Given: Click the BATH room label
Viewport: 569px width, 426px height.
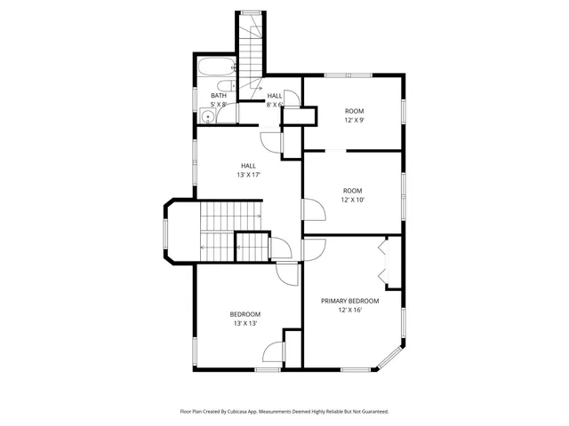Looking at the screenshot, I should (219, 96).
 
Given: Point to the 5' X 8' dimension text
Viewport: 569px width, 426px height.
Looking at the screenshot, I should (219, 105).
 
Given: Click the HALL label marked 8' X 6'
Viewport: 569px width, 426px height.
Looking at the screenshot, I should (275, 96).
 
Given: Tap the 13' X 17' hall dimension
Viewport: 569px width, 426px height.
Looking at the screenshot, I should (249, 175).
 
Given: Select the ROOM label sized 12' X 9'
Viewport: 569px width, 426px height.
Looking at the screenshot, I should (354, 111).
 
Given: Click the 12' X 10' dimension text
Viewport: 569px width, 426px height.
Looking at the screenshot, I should (354, 200).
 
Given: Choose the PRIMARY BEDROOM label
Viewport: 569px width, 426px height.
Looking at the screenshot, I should (349, 301).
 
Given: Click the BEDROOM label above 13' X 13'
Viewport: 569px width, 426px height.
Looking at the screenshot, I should (245, 314).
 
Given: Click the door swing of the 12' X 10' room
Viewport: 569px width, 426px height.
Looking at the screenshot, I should (313, 209).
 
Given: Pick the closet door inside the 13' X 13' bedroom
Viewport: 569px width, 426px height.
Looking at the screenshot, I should (274, 352).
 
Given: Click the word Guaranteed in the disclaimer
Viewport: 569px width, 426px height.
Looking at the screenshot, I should (370, 412).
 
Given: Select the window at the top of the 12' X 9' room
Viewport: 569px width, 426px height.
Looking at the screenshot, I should (336, 75).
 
